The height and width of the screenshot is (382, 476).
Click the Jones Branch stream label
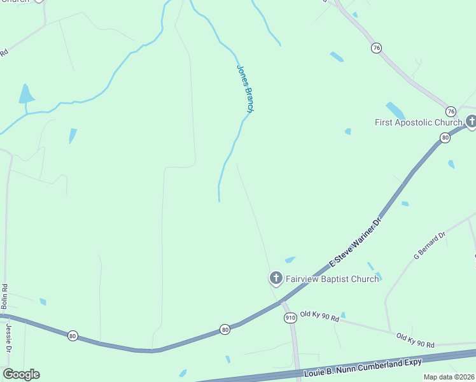pyautogui.click(x=246, y=89)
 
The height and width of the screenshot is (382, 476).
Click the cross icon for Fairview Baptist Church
pyautogui.click(x=276, y=278)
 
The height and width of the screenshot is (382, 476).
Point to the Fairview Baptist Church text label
pyautogui.click(x=332, y=279)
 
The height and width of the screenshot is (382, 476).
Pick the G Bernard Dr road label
pyautogui.click(x=430, y=246)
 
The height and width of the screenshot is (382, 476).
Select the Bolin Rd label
pyautogui.click(x=4, y=297)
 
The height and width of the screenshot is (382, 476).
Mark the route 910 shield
pyautogui.click(x=290, y=317)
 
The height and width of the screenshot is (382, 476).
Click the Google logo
pyautogui.click(x=21, y=374)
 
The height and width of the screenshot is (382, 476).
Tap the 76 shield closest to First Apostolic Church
pyautogui.click(x=451, y=111)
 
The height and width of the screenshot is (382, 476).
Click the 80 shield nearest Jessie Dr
pyautogui.click(x=73, y=336)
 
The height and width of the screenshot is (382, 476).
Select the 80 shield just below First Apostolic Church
pyautogui.click(x=445, y=138)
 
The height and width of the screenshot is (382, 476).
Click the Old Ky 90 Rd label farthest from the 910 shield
pyautogui.click(x=415, y=339)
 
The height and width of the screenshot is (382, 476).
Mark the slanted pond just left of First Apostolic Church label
pyautogui.click(x=395, y=110)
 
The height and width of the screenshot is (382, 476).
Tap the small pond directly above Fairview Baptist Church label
pyautogui.click(x=290, y=260)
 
